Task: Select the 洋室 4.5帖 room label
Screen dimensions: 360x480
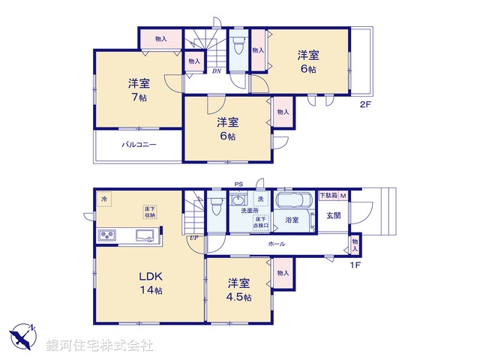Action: pos(239,289)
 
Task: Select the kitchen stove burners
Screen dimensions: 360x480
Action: pos(107,235)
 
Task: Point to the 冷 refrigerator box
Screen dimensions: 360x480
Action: pos(103,199)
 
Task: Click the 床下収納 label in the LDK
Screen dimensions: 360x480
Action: pos(150,211)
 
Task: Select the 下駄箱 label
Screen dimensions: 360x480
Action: pos(328,195)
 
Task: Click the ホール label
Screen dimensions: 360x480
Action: pos(276,244)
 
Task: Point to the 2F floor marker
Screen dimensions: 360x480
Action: pos(364,104)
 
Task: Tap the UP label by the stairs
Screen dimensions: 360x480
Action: pos(193,238)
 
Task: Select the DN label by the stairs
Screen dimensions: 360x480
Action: pos(216,71)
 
